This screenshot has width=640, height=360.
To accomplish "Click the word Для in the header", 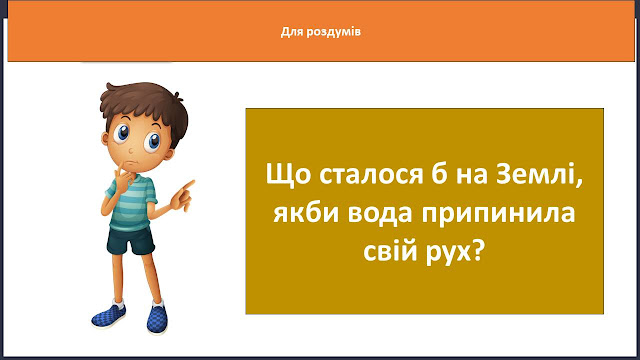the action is [x=291, y=32].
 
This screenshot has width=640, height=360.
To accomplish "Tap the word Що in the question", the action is [x=288, y=175].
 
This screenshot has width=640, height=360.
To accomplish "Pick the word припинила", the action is [x=499, y=213].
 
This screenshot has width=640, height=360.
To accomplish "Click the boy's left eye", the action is [x=122, y=133].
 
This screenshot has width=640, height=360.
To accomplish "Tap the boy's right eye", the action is [x=153, y=142].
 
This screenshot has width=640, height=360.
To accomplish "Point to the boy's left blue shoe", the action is [x=109, y=315].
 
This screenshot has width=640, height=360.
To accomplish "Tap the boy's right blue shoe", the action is [x=157, y=318].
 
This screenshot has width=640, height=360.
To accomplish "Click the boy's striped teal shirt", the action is [x=131, y=203].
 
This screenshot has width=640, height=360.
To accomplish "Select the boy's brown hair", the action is [x=144, y=104].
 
